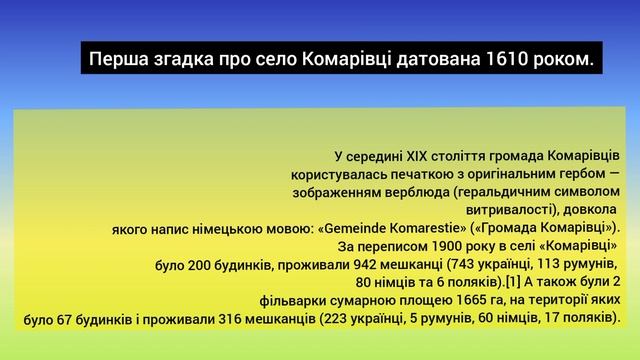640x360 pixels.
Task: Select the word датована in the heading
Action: (434, 61)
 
